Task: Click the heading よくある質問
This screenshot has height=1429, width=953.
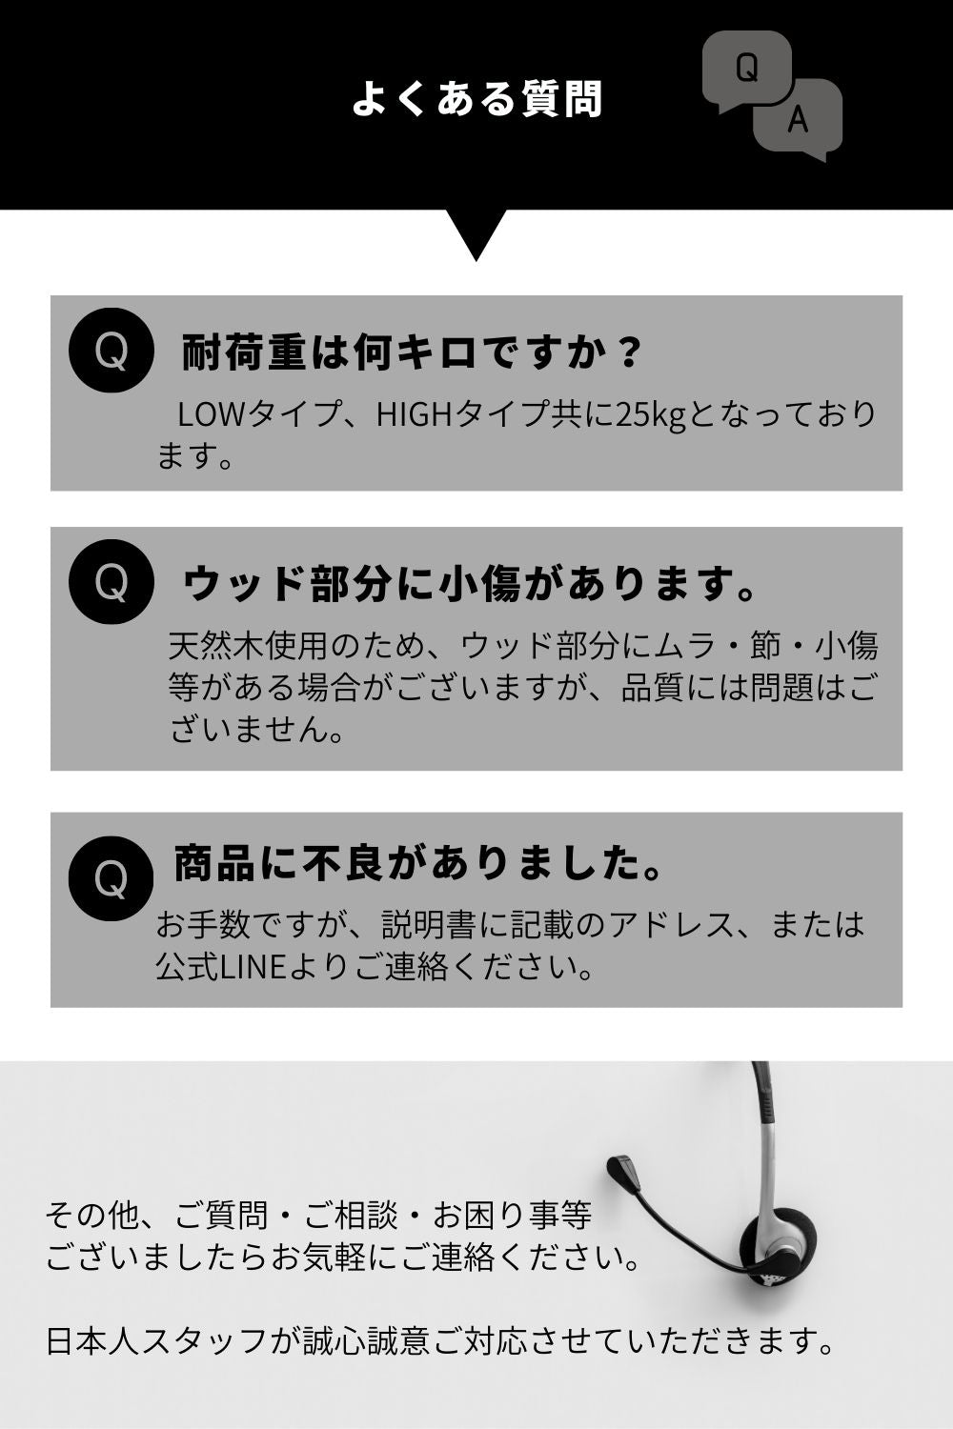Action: (476, 99)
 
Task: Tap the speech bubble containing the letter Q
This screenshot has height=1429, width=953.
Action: (746, 69)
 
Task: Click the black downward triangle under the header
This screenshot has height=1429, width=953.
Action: (476, 234)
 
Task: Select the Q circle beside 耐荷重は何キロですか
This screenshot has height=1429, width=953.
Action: (112, 351)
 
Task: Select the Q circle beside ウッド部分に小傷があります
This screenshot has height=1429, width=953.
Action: (112, 582)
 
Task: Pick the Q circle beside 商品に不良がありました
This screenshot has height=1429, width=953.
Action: (112, 878)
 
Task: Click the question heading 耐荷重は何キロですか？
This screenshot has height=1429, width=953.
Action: (410, 352)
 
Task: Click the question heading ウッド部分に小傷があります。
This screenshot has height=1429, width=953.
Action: (470, 583)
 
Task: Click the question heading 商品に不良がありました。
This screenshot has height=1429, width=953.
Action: (418, 863)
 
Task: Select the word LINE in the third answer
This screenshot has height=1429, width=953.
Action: (253, 967)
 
